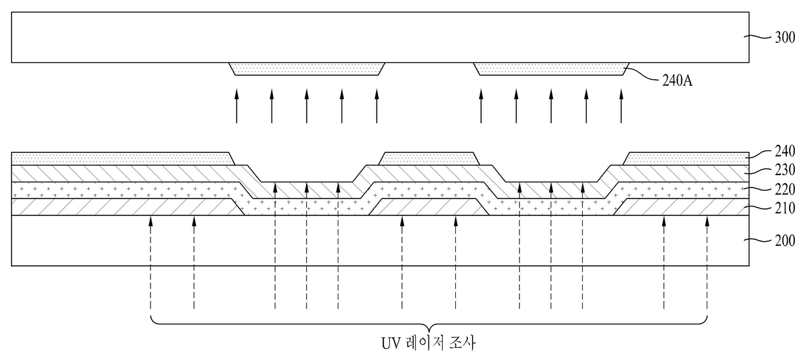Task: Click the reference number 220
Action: [x=784, y=191]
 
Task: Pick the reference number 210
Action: [x=784, y=209]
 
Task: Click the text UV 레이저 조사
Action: [x=429, y=342]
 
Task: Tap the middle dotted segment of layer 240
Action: [x=429, y=158]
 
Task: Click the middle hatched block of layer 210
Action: [x=429, y=207]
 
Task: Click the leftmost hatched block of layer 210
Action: [x=123, y=207]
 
